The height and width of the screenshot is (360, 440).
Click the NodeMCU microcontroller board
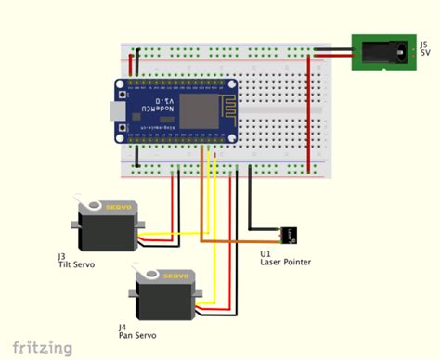tap(174, 109)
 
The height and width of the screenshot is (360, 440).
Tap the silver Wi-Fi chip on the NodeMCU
tap(197, 109)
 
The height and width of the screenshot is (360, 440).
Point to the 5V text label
tap(425, 53)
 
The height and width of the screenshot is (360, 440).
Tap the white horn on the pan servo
tap(149, 276)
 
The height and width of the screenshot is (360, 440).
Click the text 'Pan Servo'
tap(137, 335)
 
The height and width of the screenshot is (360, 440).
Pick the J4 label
tap(123, 327)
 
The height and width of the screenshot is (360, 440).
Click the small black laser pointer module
tap(289, 233)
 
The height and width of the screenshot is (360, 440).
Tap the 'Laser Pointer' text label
tap(285, 262)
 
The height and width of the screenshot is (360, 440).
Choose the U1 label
tap(265, 252)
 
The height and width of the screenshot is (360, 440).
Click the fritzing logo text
tap(37, 348)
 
